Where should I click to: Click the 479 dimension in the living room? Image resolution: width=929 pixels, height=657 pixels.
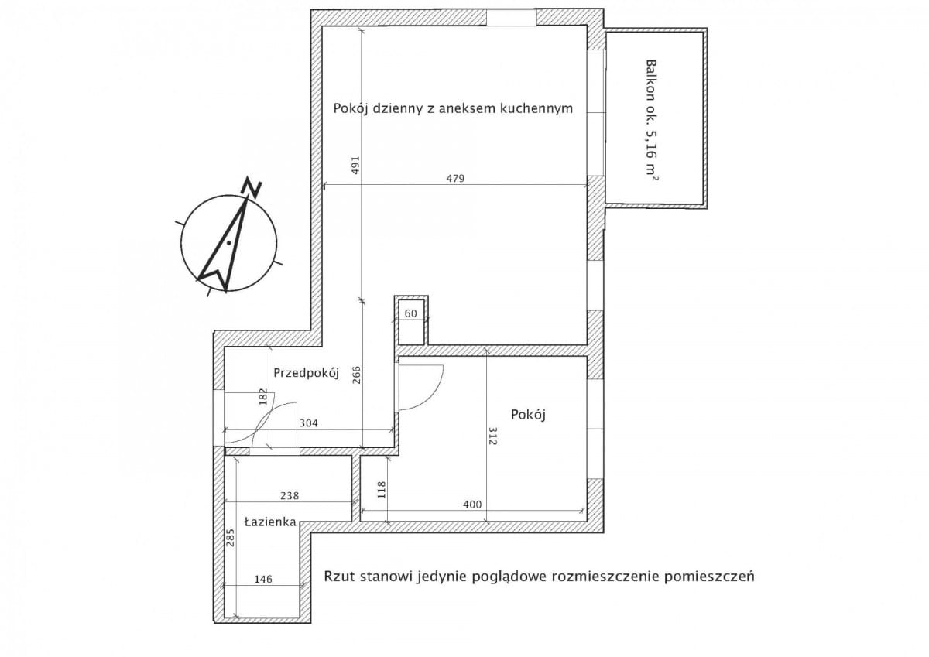455,179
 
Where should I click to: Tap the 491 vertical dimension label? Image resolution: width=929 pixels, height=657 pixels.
355,165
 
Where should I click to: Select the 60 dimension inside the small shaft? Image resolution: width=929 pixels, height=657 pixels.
410,313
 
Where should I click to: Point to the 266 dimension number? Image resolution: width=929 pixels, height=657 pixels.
356,375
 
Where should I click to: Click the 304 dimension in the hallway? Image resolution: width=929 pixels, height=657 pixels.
309,423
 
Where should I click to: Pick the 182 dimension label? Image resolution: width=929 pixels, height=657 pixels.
263,396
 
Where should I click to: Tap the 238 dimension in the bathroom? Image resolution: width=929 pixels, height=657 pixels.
290,496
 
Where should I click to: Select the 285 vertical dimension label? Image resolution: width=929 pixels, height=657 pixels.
231,538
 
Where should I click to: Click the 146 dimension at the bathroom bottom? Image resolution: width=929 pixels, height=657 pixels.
263,579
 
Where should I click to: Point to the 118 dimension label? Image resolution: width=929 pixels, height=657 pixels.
382,490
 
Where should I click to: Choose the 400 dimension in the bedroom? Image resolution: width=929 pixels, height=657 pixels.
472,505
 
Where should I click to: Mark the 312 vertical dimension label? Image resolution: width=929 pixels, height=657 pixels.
492,436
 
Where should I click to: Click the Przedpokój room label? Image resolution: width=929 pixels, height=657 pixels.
306,374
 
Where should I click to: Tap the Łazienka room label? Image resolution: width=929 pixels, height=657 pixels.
270,522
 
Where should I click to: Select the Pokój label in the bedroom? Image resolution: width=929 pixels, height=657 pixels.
528,415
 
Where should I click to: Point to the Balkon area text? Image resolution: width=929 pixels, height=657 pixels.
652,121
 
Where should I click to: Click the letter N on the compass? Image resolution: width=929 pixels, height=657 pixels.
252,187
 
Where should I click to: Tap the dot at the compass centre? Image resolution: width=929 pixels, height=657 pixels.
228,243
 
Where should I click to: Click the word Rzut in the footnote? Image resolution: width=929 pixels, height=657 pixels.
340,577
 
